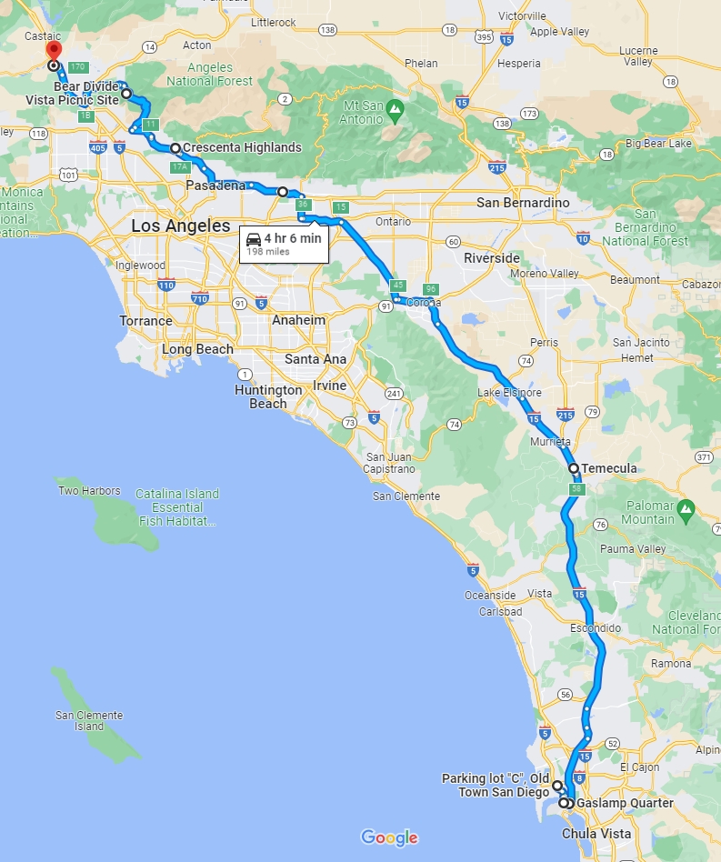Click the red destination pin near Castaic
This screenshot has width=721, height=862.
54,50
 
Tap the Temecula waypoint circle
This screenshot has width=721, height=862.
574,468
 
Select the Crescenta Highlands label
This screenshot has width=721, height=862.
242,147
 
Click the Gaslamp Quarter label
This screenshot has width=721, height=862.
626,803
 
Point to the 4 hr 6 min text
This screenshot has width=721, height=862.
292,238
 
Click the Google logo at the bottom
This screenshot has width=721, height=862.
389,837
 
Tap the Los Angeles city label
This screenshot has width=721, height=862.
181,226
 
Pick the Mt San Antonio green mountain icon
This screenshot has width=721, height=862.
395,110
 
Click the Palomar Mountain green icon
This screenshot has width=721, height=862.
686,506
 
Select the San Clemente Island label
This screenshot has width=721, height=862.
88,721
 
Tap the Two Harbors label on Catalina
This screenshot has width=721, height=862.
89,491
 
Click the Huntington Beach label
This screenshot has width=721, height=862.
268,396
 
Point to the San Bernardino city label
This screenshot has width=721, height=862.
523,202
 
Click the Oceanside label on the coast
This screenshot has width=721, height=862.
490,595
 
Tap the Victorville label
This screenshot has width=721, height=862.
522,16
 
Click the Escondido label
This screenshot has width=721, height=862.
596,628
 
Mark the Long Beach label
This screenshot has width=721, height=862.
197,349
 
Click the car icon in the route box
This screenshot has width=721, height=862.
254,239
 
